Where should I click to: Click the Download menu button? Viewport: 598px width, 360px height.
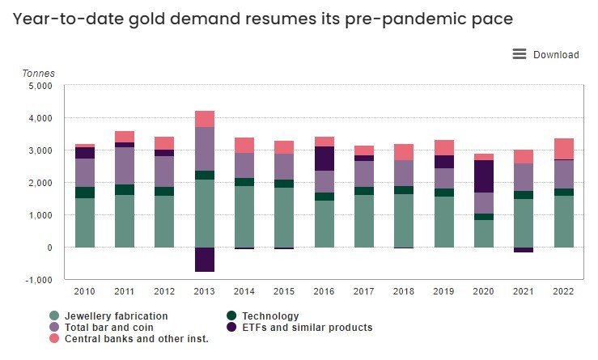tap(546, 54)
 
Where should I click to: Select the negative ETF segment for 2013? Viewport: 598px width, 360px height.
tap(205, 259)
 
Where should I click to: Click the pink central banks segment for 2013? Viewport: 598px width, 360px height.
tap(205, 119)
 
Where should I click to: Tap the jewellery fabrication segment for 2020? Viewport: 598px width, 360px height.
tap(484, 233)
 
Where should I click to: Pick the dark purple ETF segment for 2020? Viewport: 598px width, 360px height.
tap(484, 176)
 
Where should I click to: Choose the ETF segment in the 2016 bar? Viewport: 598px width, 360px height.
tap(324, 159)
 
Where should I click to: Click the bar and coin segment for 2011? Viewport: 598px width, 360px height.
tap(125, 166)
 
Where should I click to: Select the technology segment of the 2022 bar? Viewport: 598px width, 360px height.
tap(564, 192)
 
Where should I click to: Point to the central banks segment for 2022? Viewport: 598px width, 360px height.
tap(564, 149)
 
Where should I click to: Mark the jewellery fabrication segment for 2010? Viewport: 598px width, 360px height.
tap(85, 222)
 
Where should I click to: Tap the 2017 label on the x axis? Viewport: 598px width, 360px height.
tap(364, 291)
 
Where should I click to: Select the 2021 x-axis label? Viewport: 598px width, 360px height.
tap(524, 291)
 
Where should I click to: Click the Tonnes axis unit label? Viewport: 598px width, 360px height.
tap(38, 73)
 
